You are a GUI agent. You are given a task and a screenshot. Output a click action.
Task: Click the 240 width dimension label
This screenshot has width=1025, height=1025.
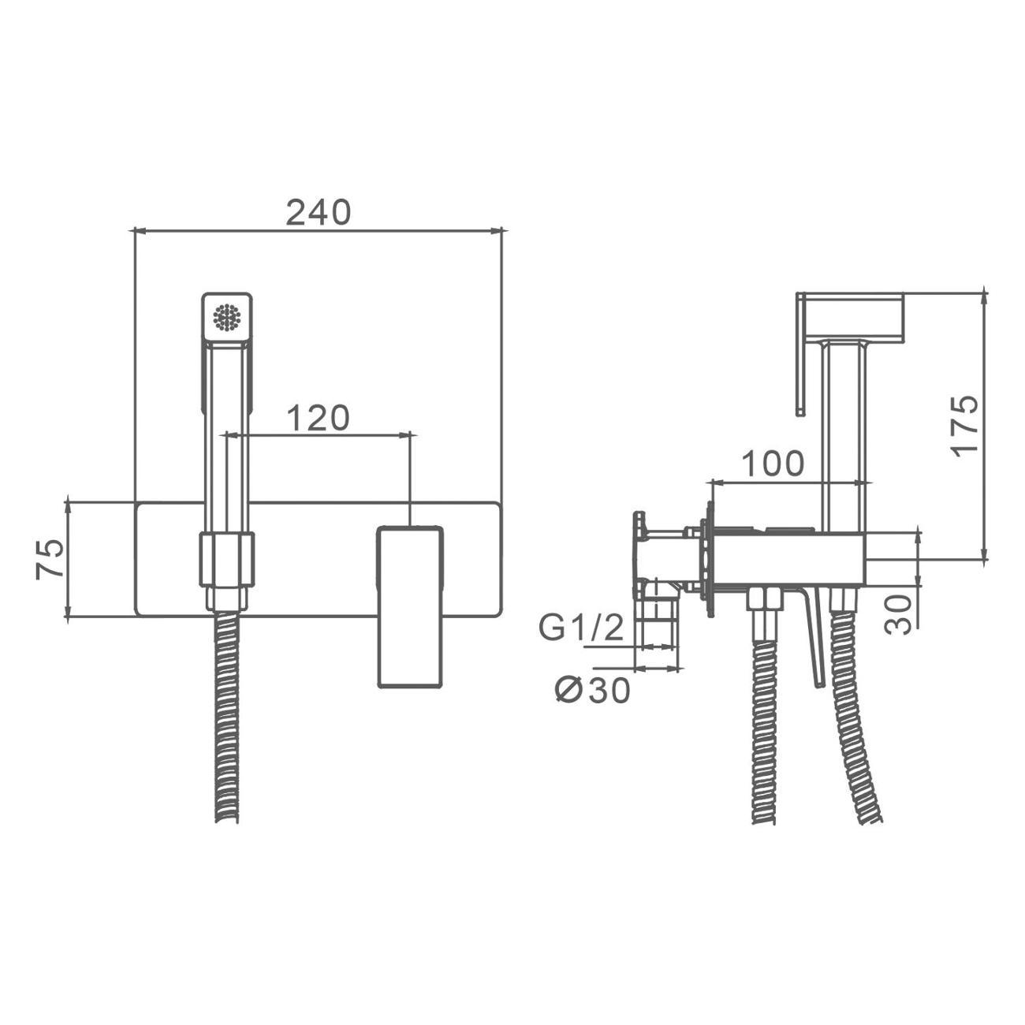click(318, 212)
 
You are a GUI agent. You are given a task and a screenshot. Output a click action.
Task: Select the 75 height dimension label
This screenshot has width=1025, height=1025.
click(50, 559)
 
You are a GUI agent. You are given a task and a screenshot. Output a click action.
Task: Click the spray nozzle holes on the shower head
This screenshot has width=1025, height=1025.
click(227, 318)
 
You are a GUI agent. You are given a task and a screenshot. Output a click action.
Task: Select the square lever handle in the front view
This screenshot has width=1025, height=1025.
click(410, 607)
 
